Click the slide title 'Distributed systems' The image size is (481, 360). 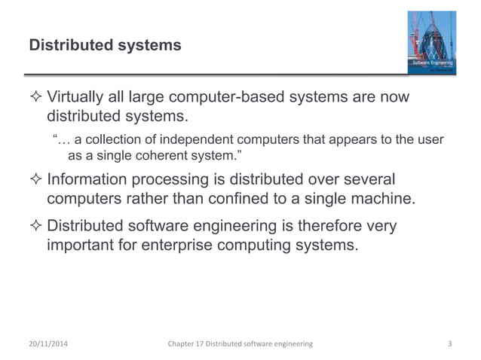[x=105, y=46]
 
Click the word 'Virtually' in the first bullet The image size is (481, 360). [x=76, y=99]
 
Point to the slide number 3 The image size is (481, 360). [x=450, y=344]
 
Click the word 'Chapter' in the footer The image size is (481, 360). [x=186, y=344]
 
